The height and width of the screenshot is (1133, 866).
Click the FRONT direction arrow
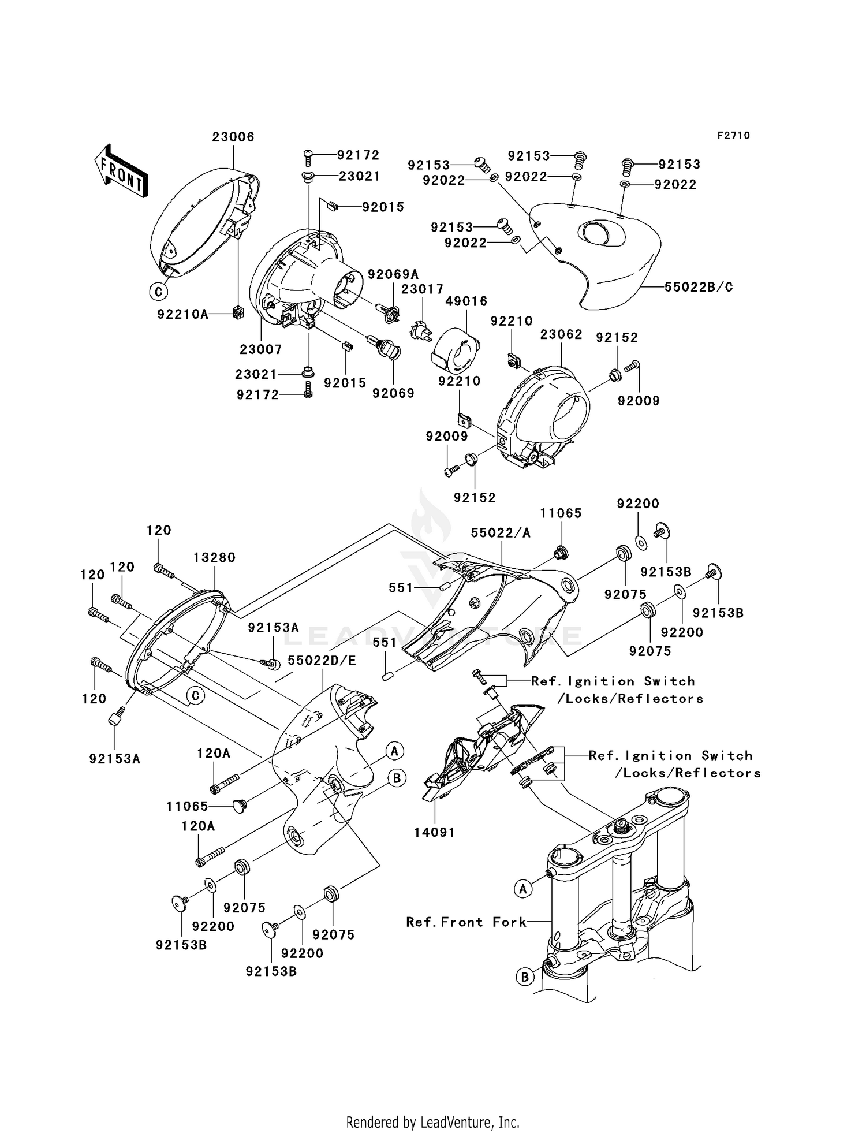[x=121, y=172]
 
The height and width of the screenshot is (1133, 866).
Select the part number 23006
[x=233, y=137]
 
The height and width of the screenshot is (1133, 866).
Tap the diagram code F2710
[x=734, y=135]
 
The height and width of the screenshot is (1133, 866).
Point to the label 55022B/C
[x=699, y=286]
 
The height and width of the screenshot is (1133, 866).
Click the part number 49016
[x=466, y=301]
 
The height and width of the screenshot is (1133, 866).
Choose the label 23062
[x=561, y=334]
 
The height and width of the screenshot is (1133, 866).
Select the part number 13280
[x=214, y=557]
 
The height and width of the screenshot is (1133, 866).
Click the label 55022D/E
[x=322, y=660]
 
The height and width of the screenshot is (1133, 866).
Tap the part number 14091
[x=434, y=832]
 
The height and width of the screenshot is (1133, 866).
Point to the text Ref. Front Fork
[x=466, y=922]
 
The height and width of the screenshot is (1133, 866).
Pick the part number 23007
[x=261, y=349]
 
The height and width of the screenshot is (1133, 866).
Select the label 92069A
[x=393, y=274]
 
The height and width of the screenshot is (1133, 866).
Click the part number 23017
[x=423, y=289]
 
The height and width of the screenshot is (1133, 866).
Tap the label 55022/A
[x=500, y=533]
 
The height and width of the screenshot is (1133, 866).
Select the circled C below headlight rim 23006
[x=159, y=292]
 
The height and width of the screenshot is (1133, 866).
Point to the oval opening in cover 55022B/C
[x=601, y=234]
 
